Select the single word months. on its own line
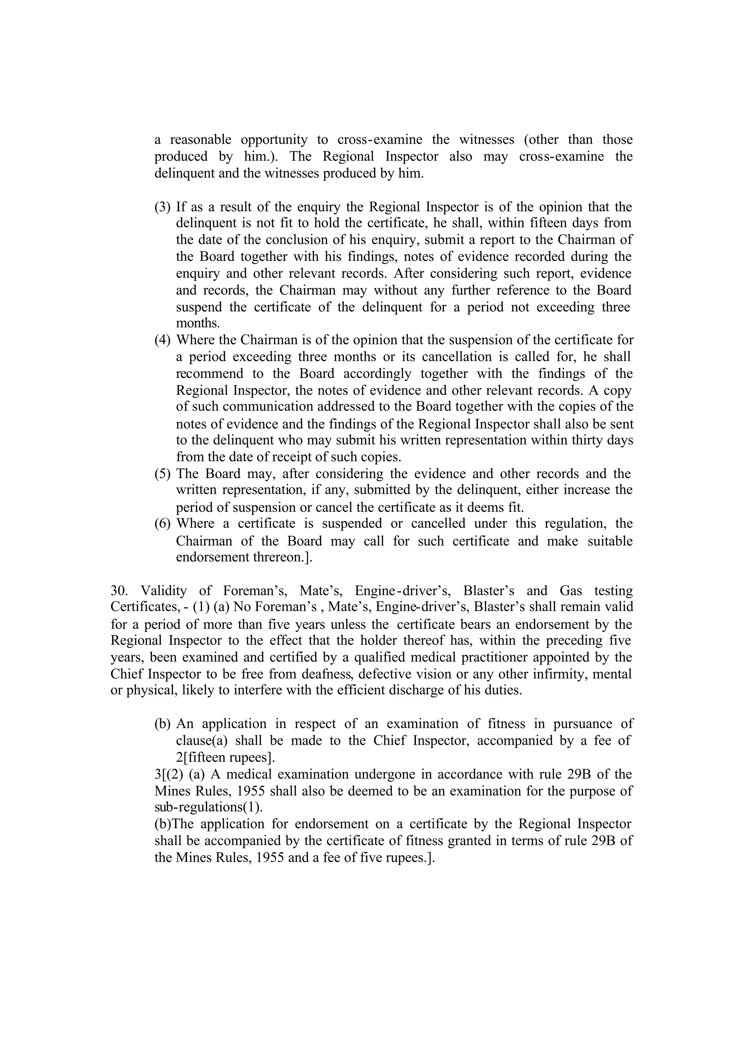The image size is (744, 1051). (198, 323)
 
